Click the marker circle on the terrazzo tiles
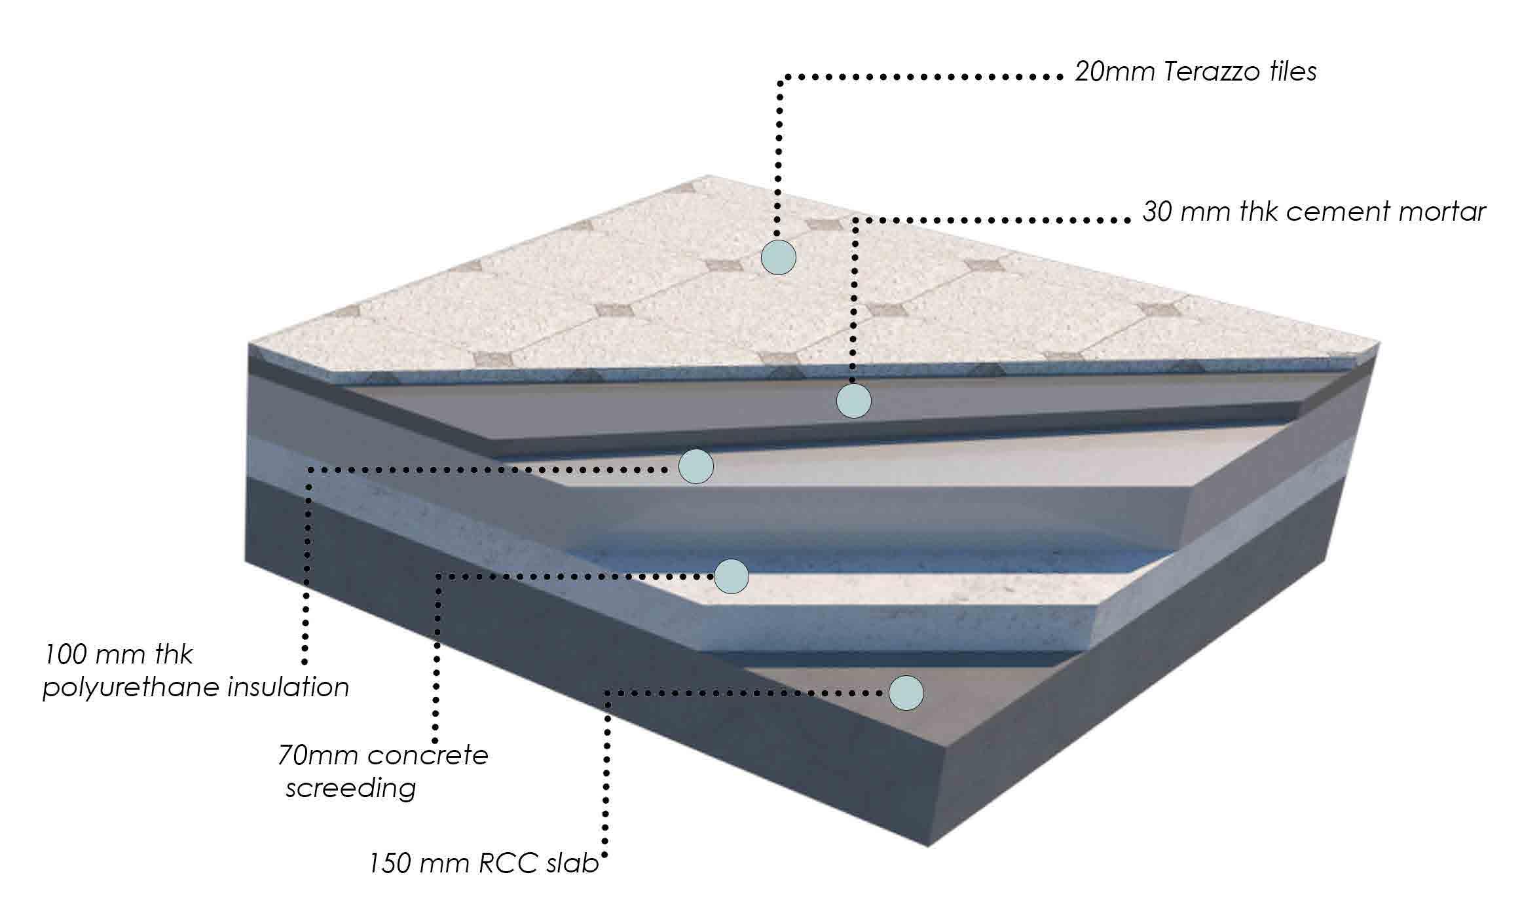pyautogui.click(x=778, y=257)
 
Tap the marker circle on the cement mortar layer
pyautogui.click(x=854, y=400)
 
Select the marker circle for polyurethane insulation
pyautogui.click(x=695, y=466)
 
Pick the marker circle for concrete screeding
pyautogui.click(x=731, y=576)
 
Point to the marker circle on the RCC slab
pyautogui.click(x=906, y=692)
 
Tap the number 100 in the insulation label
pyautogui.click(x=65, y=654)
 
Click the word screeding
pyautogui.click(x=350, y=788)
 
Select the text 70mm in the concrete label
pyautogui.click(x=314, y=755)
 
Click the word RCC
pyautogui.click(x=506, y=864)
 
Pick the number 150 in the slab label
pyautogui.click(x=391, y=864)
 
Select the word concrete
pyautogui.click(x=428, y=755)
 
